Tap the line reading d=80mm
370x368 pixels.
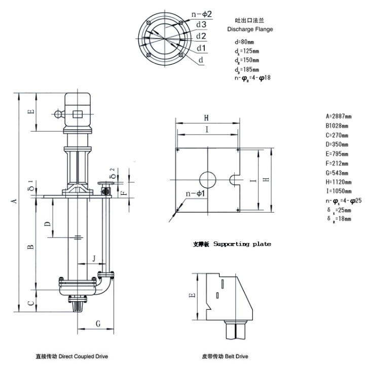click(245, 43)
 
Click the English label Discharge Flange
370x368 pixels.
click(250, 29)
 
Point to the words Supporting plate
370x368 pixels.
click(242, 244)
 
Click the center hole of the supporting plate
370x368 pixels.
click(207, 179)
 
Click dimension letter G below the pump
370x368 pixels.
click(98, 323)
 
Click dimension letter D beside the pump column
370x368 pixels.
click(47, 223)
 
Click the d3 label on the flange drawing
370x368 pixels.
click(201, 24)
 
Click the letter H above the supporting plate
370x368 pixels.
click(206, 117)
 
